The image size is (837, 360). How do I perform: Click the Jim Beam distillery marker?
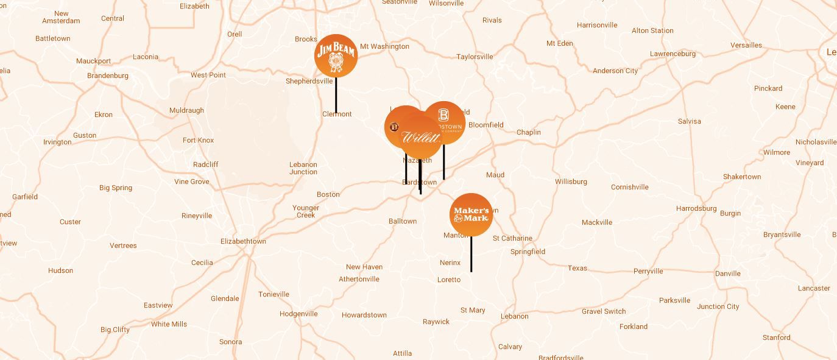click(x=336, y=55)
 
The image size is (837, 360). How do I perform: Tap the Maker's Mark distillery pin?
click(x=471, y=214)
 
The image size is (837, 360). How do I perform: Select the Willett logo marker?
click(x=420, y=138)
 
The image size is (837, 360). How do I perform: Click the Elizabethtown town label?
click(x=243, y=241)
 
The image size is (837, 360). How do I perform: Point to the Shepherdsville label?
click(x=309, y=81)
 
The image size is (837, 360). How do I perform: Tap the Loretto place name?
click(x=449, y=280)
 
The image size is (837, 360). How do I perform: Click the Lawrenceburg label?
click(x=673, y=54)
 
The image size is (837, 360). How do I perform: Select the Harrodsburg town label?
click(x=696, y=208)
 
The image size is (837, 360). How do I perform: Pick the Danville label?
click(x=727, y=274)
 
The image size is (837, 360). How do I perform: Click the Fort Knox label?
click(x=199, y=140)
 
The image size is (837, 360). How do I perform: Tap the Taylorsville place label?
click(x=475, y=57)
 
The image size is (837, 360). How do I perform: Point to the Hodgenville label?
click(x=298, y=314)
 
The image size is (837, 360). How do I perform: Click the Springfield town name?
click(x=528, y=252)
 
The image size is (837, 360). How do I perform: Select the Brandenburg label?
click(x=108, y=76)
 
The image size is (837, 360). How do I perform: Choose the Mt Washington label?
click(x=384, y=46)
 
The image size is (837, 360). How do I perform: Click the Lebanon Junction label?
click(x=303, y=168)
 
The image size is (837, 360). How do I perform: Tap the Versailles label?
click(x=746, y=45)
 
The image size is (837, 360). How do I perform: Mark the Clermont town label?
click(x=337, y=114)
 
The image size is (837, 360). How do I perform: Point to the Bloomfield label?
click(x=486, y=125)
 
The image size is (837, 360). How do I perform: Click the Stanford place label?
click(x=776, y=337)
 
